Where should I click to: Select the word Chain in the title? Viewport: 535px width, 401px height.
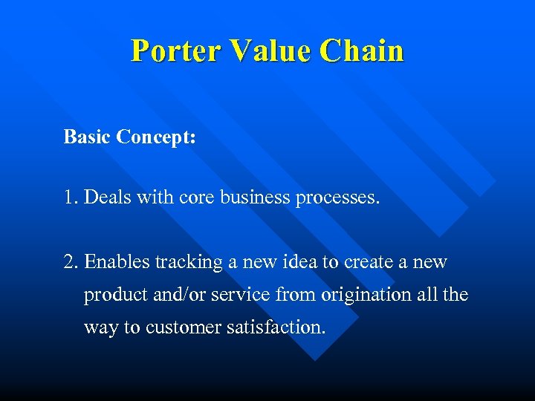click(362, 50)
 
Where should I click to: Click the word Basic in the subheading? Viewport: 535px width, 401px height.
click(87, 137)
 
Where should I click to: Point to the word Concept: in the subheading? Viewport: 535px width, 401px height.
click(156, 137)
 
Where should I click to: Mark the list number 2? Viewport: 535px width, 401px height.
click(70, 262)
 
